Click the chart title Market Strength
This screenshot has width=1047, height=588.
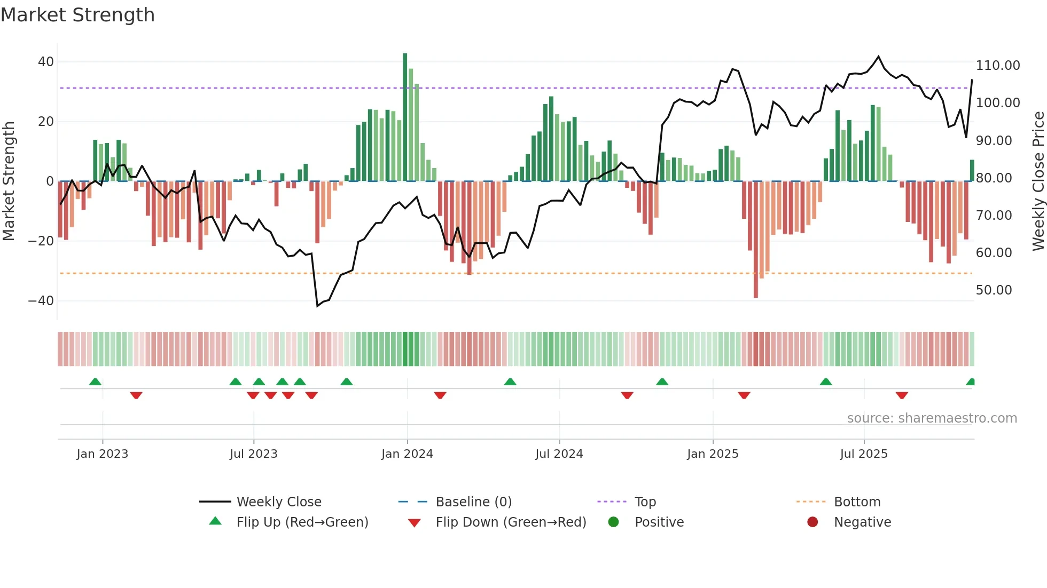pyautogui.click(x=77, y=15)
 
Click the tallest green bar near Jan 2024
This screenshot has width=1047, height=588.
pyautogui.click(x=405, y=117)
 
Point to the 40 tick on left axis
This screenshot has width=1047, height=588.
pyautogui.click(x=46, y=62)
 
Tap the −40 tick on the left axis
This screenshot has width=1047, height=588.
pyautogui.click(x=42, y=301)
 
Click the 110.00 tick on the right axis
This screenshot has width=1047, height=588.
pyautogui.click(x=997, y=66)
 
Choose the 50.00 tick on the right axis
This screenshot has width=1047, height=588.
pyautogui.click(x=994, y=290)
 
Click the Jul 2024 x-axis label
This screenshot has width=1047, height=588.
pyautogui.click(x=559, y=454)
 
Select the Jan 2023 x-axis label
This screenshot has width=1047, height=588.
pyautogui.click(x=102, y=454)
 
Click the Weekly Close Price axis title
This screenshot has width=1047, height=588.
pyautogui.click(x=1038, y=181)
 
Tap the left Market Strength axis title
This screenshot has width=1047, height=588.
pyautogui.click(x=9, y=181)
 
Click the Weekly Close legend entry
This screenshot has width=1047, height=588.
pyautogui.click(x=278, y=502)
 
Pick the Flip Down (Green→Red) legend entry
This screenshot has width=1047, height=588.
pyautogui.click(x=510, y=522)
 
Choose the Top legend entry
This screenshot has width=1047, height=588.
pyautogui.click(x=645, y=502)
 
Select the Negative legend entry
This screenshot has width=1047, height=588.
pyautogui.click(x=862, y=522)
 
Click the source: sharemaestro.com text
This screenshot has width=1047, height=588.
pyautogui.click(x=932, y=418)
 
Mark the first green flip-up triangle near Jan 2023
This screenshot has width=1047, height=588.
pyautogui.click(x=95, y=382)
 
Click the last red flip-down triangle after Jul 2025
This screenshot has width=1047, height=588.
pyautogui.click(x=902, y=395)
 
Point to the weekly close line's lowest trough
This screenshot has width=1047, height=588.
pyautogui.click(x=317, y=306)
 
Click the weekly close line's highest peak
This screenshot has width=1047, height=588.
pyautogui.click(x=878, y=57)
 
